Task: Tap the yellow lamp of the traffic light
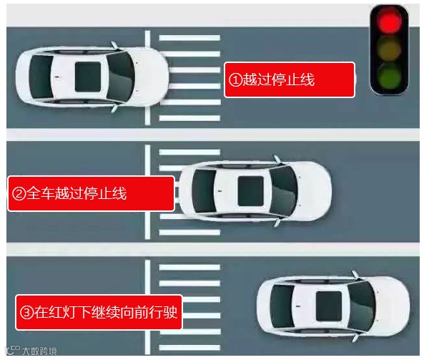[x=389, y=49]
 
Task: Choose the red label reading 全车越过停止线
[x=91, y=193]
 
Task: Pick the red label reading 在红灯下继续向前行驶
[x=99, y=312]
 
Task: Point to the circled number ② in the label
[x=19, y=194]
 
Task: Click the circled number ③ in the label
[x=27, y=313]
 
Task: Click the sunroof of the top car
[x=89, y=74]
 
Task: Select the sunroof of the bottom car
[x=327, y=304]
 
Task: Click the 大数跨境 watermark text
[x=39, y=351]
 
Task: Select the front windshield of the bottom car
[x=361, y=303]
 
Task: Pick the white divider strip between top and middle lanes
[x=214, y=135]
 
